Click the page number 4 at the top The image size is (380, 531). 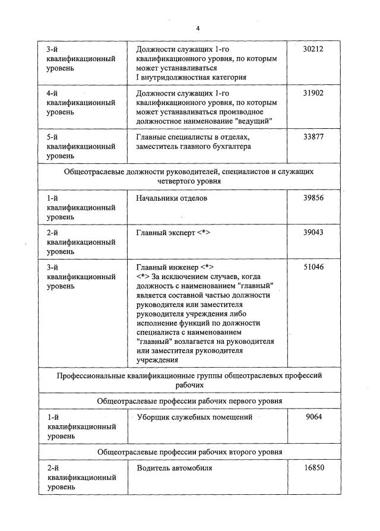pos(198,28)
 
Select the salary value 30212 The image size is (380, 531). pos(313,49)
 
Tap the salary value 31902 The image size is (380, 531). pos(313,93)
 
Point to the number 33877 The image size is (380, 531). pos(313,137)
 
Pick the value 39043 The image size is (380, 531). pos(313,233)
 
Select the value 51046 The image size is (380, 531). pos(313,267)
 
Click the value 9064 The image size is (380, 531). pos(313,418)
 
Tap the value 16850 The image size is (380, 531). pos(313,468)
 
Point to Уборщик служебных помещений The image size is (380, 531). pos(194,418)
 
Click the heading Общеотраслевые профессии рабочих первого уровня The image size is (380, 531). pos(189,401)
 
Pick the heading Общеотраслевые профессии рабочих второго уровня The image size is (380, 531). pos(189,451)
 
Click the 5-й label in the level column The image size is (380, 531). pos(53,137)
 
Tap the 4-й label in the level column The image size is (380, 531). pos(53,93)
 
